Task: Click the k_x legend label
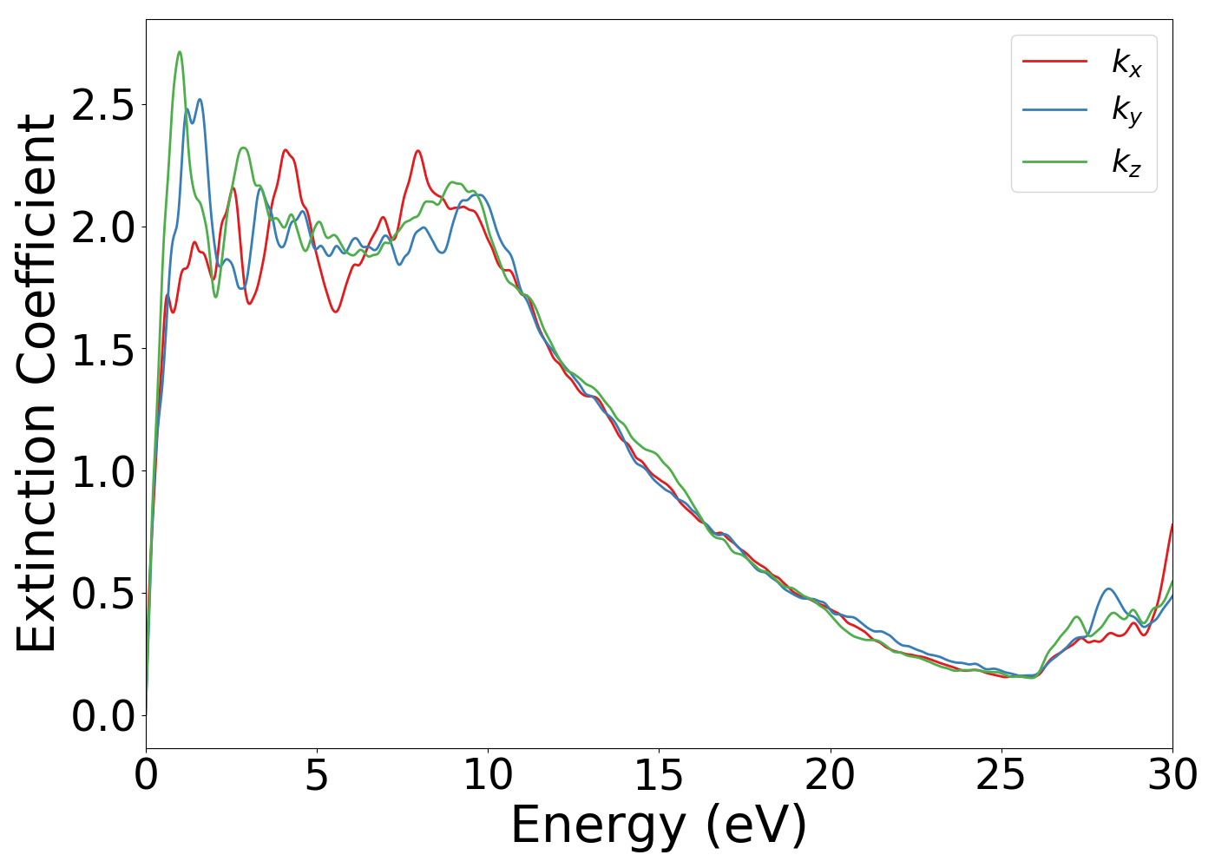tap(1126, 62)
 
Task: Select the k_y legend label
tap(1126, 112)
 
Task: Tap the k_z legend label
tap(1126, 161)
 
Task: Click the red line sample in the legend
tap(1054, 61)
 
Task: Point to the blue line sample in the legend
tap(1054, 110)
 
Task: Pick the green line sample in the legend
tap(1054, 161)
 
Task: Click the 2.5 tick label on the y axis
tap(103, 105)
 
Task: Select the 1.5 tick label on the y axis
tap(103, 350)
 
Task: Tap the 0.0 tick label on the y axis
tap(103, 717)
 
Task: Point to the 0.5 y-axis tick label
tap(103, 595)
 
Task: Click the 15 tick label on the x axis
tap(659, 775)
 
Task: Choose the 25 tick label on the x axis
tap(1002, 775)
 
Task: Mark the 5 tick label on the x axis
tap(318, 775)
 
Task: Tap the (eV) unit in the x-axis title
tap(756, 825)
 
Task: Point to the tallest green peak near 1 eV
tap(180, 52)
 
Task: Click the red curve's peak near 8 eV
tap(417, 151)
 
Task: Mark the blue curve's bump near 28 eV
tap(1108, 589)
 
